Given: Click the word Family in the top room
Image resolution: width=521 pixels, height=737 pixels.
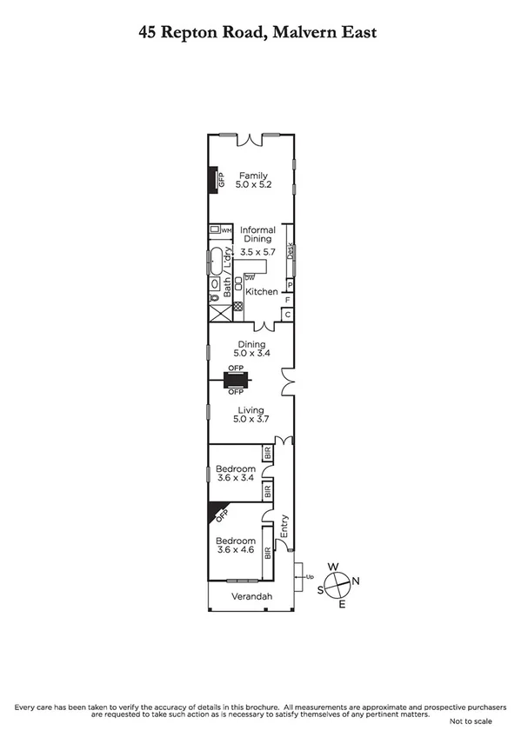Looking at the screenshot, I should click(254, 176).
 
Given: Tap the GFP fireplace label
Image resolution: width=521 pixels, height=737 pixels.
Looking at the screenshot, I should click(221, 182).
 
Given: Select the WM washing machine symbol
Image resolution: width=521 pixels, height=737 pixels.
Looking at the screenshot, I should click(214, 229).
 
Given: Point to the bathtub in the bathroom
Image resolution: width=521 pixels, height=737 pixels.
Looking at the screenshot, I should click(215, 262).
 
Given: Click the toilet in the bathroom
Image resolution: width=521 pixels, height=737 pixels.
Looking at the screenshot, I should click(214, 297).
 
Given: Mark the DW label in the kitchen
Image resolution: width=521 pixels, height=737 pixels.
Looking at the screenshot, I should click(249, 276).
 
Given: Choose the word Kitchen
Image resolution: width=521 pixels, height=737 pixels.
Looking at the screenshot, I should click(261, 292).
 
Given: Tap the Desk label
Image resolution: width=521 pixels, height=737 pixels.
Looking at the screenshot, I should click(290, 249).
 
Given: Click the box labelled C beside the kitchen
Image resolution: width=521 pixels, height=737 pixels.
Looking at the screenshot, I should click(288, 315).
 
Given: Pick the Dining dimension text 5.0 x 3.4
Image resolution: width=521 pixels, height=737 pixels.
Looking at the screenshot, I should click(252, 355).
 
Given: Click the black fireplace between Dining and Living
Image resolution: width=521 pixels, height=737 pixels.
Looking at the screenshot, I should click(236, 380).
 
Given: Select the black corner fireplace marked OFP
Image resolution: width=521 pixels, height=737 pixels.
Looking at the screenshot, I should click(216, 513).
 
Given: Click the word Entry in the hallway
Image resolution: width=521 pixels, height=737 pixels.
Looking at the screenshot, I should click(283, 527).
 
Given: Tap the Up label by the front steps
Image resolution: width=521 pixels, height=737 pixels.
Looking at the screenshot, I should click(310, 576).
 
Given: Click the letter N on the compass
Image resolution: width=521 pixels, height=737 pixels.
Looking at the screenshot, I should click(355, 581).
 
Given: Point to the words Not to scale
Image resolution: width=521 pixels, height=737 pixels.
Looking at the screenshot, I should click(471, 721).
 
